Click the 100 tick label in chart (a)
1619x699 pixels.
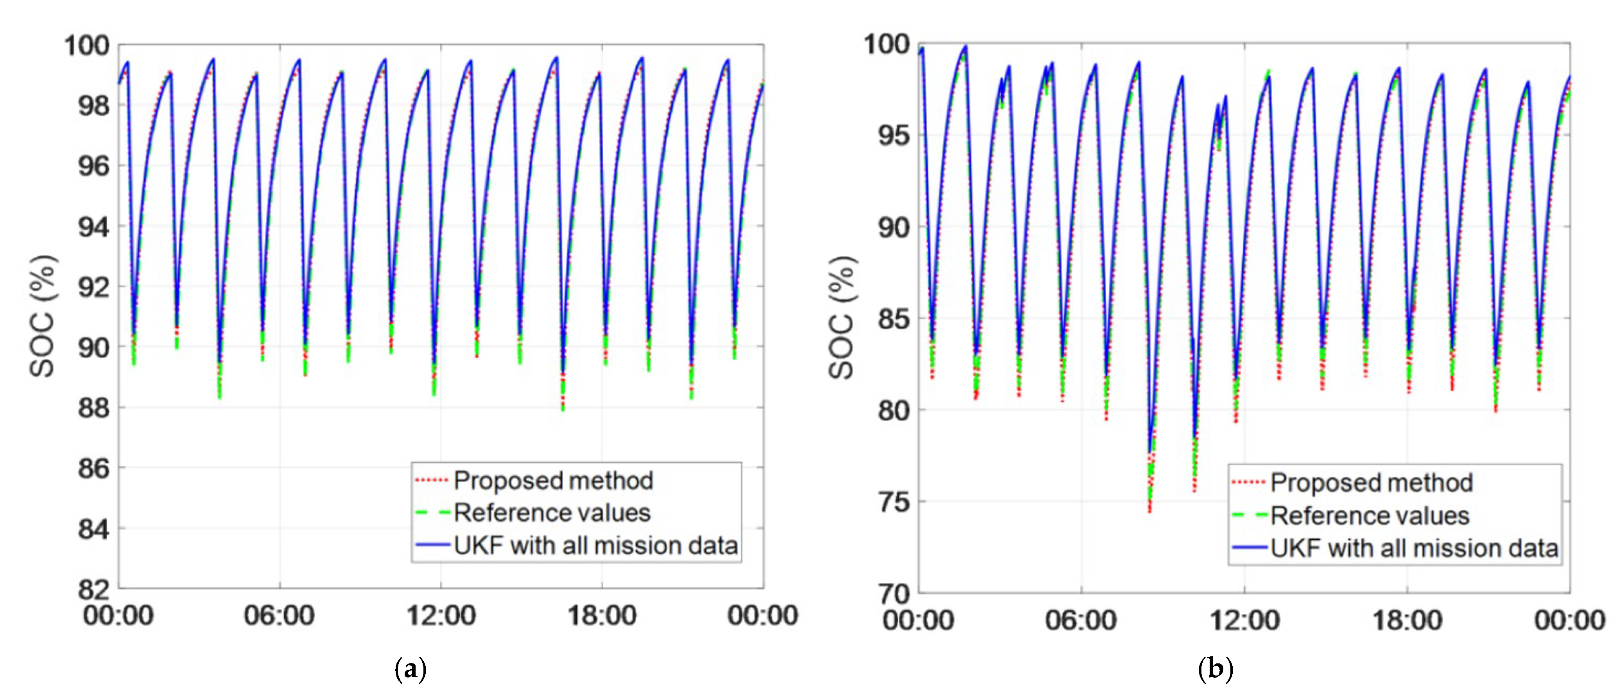pos(87,46)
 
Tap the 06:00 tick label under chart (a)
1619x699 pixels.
pos(279,615)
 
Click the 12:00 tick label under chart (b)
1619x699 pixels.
pos(1244,620)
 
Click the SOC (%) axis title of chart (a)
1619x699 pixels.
pos(43,316)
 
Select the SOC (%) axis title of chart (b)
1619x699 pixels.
pos(841,318)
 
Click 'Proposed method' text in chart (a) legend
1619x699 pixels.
pos(553,481)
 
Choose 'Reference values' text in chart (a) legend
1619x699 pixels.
pos(552,513)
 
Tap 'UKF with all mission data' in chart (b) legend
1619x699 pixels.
pos(1414,548)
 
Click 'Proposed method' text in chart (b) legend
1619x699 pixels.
pos(1372,483)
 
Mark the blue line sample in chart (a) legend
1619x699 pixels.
pos(432,545)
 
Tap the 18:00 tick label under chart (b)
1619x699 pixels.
pos(1407,620)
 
